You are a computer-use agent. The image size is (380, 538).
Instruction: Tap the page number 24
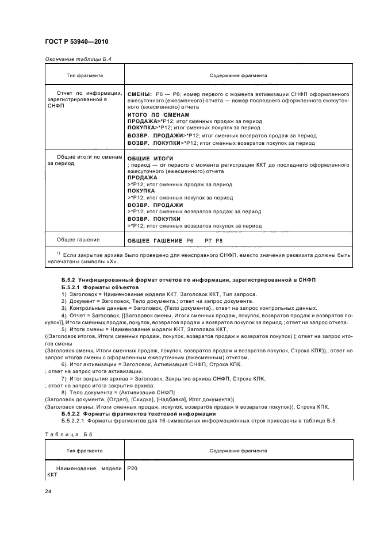pos(48,491)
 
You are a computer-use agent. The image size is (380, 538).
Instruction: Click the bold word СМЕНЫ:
pos(139,93)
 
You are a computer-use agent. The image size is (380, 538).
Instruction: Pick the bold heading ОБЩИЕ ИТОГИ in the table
pos(149,158)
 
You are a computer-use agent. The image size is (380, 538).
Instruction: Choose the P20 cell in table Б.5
pos(132,468)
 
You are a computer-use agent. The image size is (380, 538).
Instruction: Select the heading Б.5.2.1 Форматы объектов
pos(100,286)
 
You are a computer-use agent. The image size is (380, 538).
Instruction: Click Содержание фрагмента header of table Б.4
pos(237,75)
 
